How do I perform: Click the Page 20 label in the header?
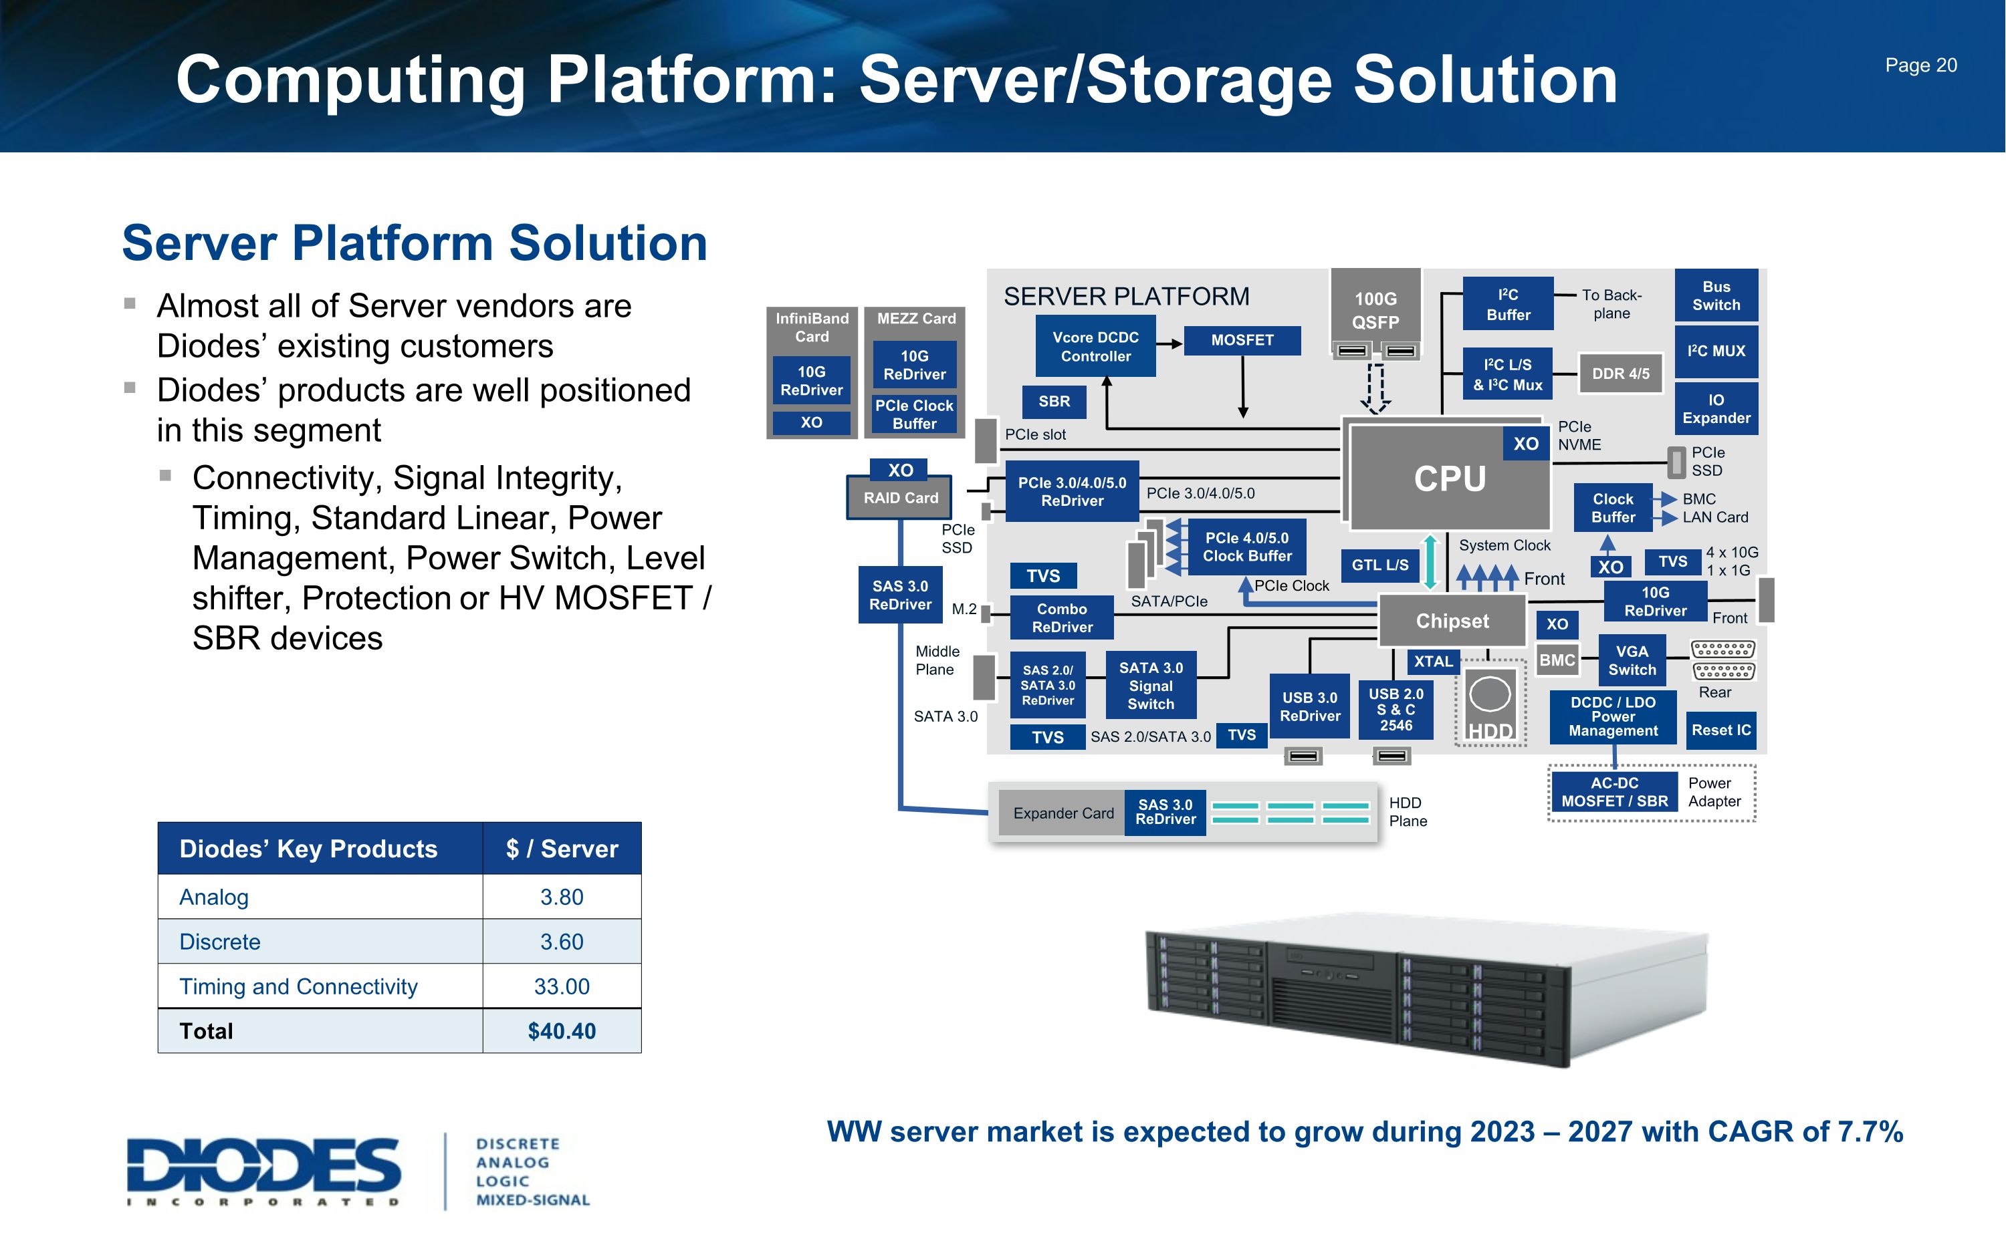click(x=1920, y=65)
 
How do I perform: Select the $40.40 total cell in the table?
click(x=561, y=1031)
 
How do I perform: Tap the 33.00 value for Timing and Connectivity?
click(x=561, y=986)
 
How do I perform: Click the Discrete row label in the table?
click(x=220, y=942)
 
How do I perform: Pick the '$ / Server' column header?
click(x=561, y=849)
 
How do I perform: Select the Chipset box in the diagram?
click(x=1452, y=621)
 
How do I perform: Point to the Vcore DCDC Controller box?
click(x=1095, y=346)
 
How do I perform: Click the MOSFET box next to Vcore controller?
click(x=1242, y=339)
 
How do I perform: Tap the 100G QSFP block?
click(x=1375, y=310)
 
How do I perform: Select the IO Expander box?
click(x=1716, y=408)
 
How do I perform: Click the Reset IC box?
click(x=1721, y=730)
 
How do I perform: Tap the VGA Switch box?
click(x=1632, y=660)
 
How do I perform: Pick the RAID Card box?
click(x=900, y=498)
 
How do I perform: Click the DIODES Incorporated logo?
click(x=263, y=1170)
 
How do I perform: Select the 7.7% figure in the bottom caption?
click(x=1870, y=1132)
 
